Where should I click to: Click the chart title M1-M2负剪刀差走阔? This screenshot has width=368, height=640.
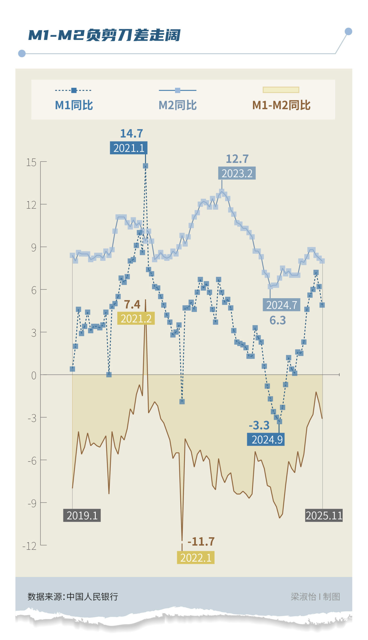(104, 35)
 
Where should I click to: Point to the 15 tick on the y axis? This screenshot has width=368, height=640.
(31, 162)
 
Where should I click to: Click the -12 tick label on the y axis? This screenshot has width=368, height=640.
(30, 546)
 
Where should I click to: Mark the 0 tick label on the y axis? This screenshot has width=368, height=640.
(34, 375)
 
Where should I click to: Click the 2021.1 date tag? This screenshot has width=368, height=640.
(129, 148)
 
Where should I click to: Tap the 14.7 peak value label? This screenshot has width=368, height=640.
(131, 134)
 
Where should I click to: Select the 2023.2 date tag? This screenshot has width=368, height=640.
(237, 173)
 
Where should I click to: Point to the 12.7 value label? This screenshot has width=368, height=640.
(237, 159)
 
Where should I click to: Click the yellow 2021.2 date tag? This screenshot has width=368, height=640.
(136, 318)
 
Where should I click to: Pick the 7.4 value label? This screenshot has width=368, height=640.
(132, 304)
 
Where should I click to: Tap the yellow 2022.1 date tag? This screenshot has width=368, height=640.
(196, 558)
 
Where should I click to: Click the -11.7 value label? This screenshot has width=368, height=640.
(201, 542)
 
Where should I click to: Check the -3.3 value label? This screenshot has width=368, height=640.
(259, 425)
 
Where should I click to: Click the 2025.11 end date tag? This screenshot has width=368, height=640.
(324, 515)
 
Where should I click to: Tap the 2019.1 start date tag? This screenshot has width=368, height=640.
(82, 515)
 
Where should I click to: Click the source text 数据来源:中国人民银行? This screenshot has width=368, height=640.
(73, 597)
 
